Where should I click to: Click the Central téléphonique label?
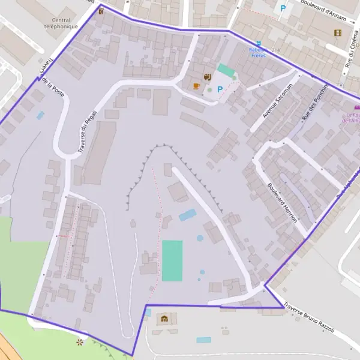pyautogui.click(x=61, y=23)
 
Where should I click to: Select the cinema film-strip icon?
pyautogui.click(x=338, y=32)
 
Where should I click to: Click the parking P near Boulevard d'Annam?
pyautogui.click(x=283, y=8)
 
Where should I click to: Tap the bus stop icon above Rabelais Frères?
pyautogui.click(x=259, y=43)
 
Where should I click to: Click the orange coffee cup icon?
pyautogui.click(x=196, y=86)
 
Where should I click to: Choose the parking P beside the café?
pyautogui.click(x=220, y=89)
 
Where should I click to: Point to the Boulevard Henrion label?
pyautogui.click(x=282, y=202)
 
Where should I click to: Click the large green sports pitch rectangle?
pyautogui.click(x=172, y=260)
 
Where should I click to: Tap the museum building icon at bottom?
pyautogui.click(x=164, y=319)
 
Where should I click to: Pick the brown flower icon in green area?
pyautogui.click(x=80, y=342)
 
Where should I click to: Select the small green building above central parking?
pyautogui.click(x=226, y=70)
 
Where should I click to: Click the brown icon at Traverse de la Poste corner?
pyautogui.click(x=101, y=10)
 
